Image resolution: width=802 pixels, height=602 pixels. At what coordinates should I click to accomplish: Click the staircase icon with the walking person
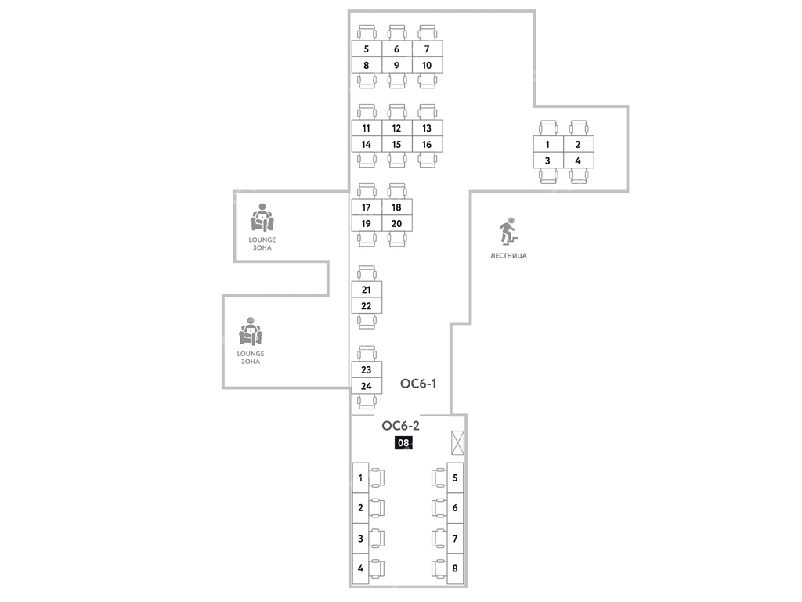point(506,231)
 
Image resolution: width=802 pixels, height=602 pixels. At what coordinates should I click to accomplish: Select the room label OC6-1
point(417,384)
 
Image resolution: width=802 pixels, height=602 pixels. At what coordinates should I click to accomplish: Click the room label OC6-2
point(401,426)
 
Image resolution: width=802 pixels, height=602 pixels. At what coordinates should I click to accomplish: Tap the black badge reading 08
point(403,442)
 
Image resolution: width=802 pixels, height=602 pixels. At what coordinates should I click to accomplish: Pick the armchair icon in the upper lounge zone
point(262,217)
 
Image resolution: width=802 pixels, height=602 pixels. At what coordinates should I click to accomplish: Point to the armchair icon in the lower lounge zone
point(251,332)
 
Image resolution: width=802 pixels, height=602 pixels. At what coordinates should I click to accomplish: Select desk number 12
point(396,128)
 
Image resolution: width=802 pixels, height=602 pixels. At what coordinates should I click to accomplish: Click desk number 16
point(427,145)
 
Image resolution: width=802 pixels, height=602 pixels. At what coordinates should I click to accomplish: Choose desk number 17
point(366,207)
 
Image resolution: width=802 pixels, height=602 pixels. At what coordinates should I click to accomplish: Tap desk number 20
point(396,224)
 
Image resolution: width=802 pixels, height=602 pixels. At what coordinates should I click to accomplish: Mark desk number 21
point(366,290)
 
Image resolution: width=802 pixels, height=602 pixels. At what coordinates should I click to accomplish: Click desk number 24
point(366,386)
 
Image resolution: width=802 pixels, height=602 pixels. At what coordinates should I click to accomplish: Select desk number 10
point(427,65)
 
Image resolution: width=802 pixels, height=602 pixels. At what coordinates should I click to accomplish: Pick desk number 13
point(427,128)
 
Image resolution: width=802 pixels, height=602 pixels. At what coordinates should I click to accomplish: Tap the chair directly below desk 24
point(366,402)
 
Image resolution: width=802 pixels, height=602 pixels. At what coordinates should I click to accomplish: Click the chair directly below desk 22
point(366,321)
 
